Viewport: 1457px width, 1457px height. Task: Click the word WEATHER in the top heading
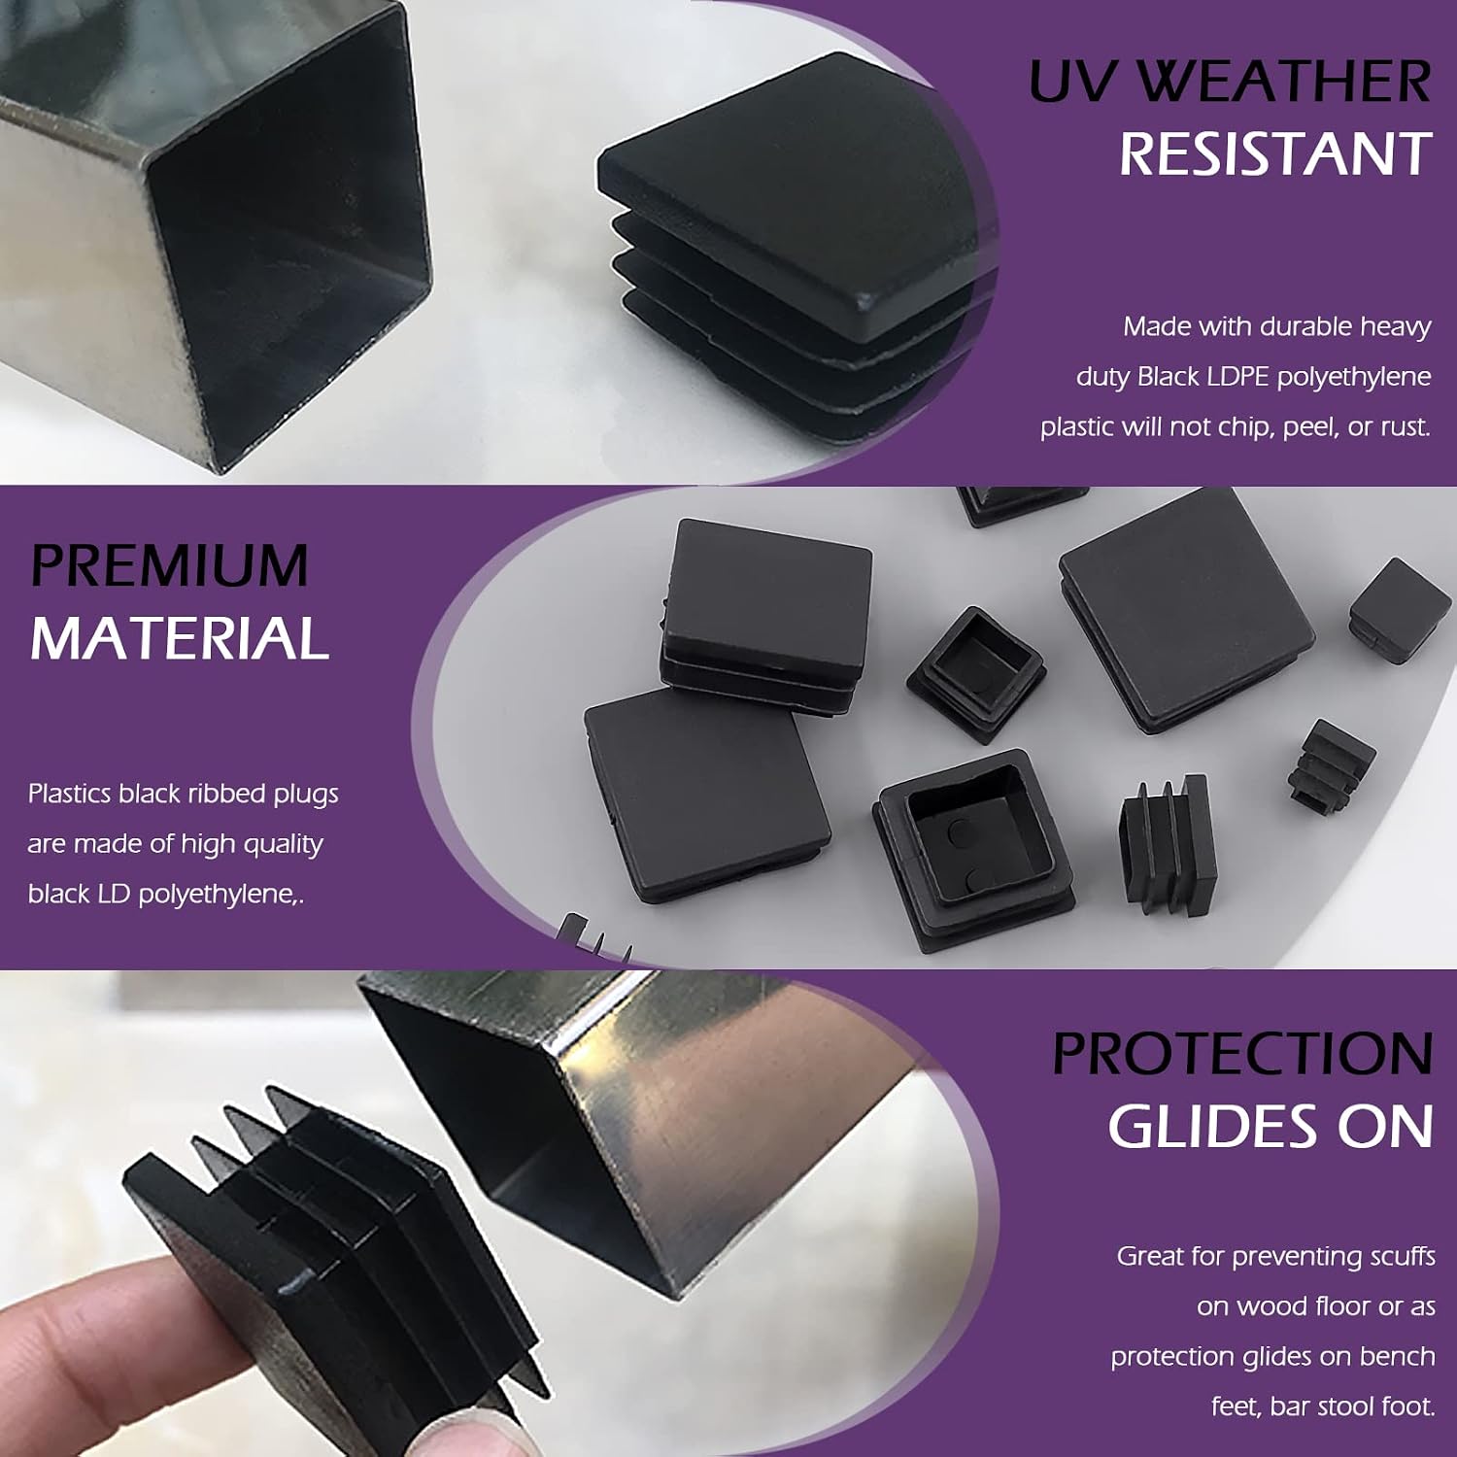[x=1283, y=81]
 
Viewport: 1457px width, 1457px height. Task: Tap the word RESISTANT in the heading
[x=1275, y=153]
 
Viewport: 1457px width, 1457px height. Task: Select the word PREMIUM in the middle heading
[x=169, y=564]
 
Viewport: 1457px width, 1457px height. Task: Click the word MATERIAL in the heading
[x=180, y=638]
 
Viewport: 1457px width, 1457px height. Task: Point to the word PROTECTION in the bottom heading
[x=1242, y=1053]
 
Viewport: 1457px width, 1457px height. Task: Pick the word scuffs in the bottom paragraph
[x=1402, y=1256]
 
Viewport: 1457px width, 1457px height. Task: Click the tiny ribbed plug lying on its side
[x=1331, y=764]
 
